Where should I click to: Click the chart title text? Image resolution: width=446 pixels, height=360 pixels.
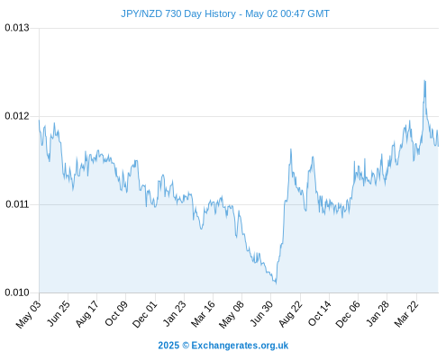[x=225, y=13]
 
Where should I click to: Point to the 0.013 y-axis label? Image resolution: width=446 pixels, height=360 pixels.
[x=17, y=28]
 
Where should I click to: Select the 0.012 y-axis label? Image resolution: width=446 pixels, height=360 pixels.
[x=17, y=116]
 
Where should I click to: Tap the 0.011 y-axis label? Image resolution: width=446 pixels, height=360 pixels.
[x=17, y=204]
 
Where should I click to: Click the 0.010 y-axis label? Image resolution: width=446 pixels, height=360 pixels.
[x=17, y=292]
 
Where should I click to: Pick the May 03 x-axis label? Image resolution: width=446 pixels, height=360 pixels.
[x=29, y=315]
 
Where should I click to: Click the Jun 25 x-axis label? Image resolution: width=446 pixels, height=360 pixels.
[x=59, y=313]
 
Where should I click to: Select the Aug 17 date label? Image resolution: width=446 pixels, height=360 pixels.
[x=86, y=314]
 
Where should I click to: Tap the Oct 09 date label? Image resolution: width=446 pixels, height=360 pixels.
[x=116, y=314]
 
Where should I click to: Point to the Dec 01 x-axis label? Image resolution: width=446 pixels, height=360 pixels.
[x=145, y=314]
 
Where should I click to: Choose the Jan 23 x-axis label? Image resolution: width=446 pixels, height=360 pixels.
[x=175, y=314]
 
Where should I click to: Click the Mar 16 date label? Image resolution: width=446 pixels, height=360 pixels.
[x=204, y=314]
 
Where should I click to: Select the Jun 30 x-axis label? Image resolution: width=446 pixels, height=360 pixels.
[x=262, y=314]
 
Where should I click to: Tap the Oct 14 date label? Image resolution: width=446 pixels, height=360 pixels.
[x=320, y=314]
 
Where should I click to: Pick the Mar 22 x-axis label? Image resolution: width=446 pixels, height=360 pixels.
[x=406, y=314]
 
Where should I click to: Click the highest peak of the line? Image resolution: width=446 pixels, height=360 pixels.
[x=424, y=80]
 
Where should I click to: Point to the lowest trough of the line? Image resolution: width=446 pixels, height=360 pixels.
[x=276, y=283]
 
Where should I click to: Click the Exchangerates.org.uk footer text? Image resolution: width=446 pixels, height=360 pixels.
[x=240, y=346]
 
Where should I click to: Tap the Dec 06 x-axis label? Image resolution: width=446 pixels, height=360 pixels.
[x=348, y=314]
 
